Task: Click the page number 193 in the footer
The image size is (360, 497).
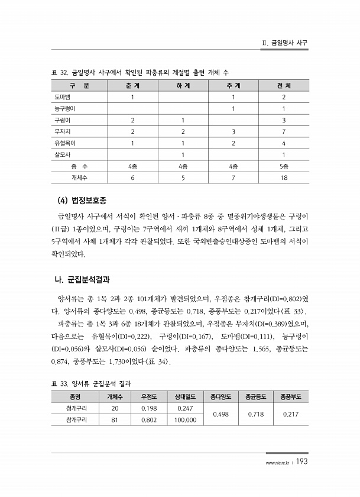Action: (301, 461)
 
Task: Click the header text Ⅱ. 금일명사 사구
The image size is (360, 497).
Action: (286, 43)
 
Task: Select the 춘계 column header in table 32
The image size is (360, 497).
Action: (132, 86)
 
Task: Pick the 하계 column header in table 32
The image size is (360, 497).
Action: (183, 86)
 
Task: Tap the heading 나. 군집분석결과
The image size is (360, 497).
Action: (86, 278)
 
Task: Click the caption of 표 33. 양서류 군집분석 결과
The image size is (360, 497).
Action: (92, 383)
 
